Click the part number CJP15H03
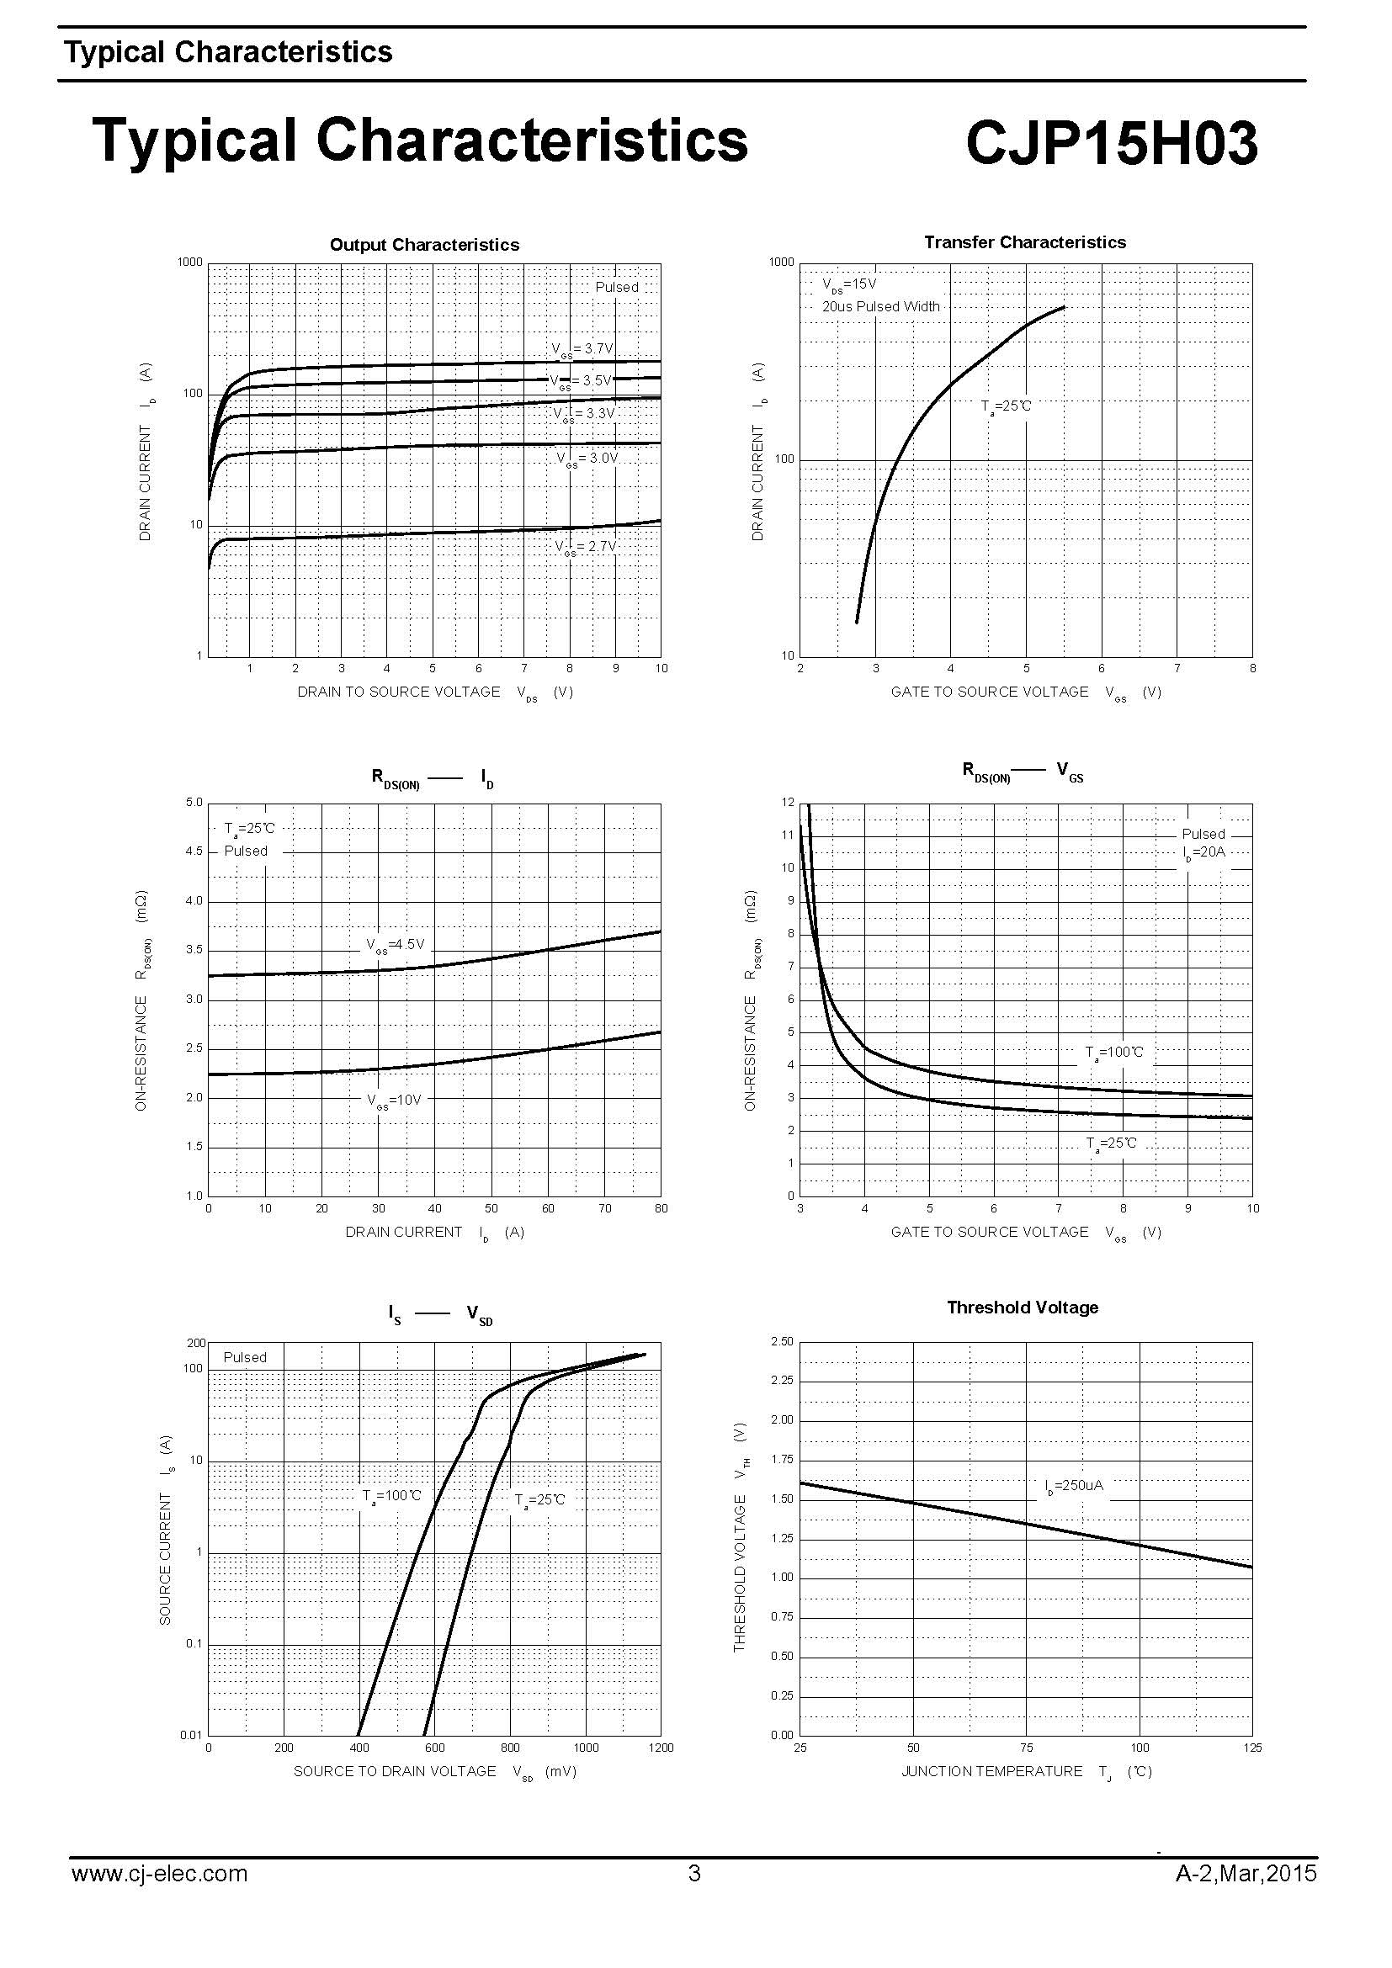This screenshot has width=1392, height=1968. (x=1111, y=143)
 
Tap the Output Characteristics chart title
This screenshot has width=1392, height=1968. (x=424, y=245)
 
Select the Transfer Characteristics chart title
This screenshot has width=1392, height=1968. (x=1024, y=242)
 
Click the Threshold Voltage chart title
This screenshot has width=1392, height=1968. (x=1022, y=1308)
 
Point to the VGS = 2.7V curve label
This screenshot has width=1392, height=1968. (x=586, y=547)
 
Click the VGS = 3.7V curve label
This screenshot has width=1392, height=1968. (x=582, y=349)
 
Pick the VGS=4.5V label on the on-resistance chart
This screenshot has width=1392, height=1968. (x=396, y=946)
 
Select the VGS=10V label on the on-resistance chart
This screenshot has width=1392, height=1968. (x=394, y=1101)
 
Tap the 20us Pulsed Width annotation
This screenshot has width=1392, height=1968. (x=880, y=307)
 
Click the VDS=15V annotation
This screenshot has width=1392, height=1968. (x=848, y=284)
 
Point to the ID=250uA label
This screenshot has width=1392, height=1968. (x=1074, y=1486)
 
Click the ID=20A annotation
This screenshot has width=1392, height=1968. (x=1203, y=853)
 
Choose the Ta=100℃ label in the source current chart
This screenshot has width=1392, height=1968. (x=391, y=1497)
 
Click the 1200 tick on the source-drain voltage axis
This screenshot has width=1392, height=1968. (x=661, y=1748)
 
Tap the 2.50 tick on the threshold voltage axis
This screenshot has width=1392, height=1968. (x=782, y=1342)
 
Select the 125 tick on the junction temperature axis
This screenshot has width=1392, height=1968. (x=1251, y=1748)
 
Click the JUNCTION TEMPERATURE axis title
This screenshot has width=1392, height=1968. (x=991, y=1772)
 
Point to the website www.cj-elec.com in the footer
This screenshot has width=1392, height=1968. (x=159, y=1874)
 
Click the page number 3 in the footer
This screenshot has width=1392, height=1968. (x=694, y=1874)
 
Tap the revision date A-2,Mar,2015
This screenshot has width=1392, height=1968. (x=1245, y=1874)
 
